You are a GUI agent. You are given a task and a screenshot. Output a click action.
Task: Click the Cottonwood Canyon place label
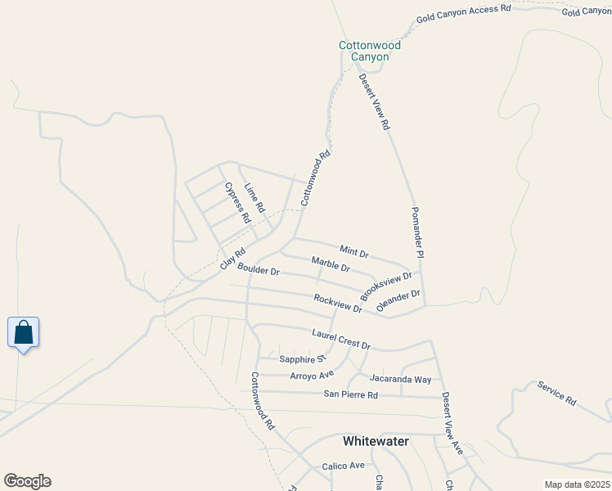pyautogui.click(x=364, y=52)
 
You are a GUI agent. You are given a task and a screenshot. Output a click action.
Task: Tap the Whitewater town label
pyautogui.click(x=376, y=441)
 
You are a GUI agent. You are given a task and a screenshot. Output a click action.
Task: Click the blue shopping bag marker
pyautogui.click(x=23, y=333)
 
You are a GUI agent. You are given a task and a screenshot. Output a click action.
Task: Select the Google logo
pyautogui.click(x=27, y=481)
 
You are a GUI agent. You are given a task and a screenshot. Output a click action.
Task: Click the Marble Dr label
pyautogui.click(x=331, y=264)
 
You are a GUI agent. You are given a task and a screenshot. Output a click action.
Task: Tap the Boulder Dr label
pyautogui.click(x=259, y=269)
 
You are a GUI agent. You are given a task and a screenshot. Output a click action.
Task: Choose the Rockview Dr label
pyautogui.click(x=338, y=303)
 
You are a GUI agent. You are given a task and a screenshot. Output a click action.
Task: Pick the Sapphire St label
pyautogui.click(x=302, y=359)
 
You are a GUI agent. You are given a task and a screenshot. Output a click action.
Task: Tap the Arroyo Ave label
pyautogui.click(x=312, y=376)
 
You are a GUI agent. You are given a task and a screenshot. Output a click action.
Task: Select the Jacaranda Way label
pyautogui.click(x=400, y=379)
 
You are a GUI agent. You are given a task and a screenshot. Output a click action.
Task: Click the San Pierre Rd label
pyautogui.click(x=350, y=395)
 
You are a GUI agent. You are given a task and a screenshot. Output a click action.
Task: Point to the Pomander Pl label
pyautogui.click(x=418, y=232)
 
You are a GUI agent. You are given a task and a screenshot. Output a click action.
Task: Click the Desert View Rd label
pyautogui.click(x=375, y=102)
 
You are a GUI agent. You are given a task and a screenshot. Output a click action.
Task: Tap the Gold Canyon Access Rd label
pyautogui.click(x=463, y=12)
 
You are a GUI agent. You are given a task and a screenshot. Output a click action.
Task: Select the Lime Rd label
pyautogui.click(x=255, y=198)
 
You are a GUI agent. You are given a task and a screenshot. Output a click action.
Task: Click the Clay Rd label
pyautogui.click(x=233, y=259)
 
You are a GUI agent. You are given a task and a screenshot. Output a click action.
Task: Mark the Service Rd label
pyautogui.click(x=556, y=393)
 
